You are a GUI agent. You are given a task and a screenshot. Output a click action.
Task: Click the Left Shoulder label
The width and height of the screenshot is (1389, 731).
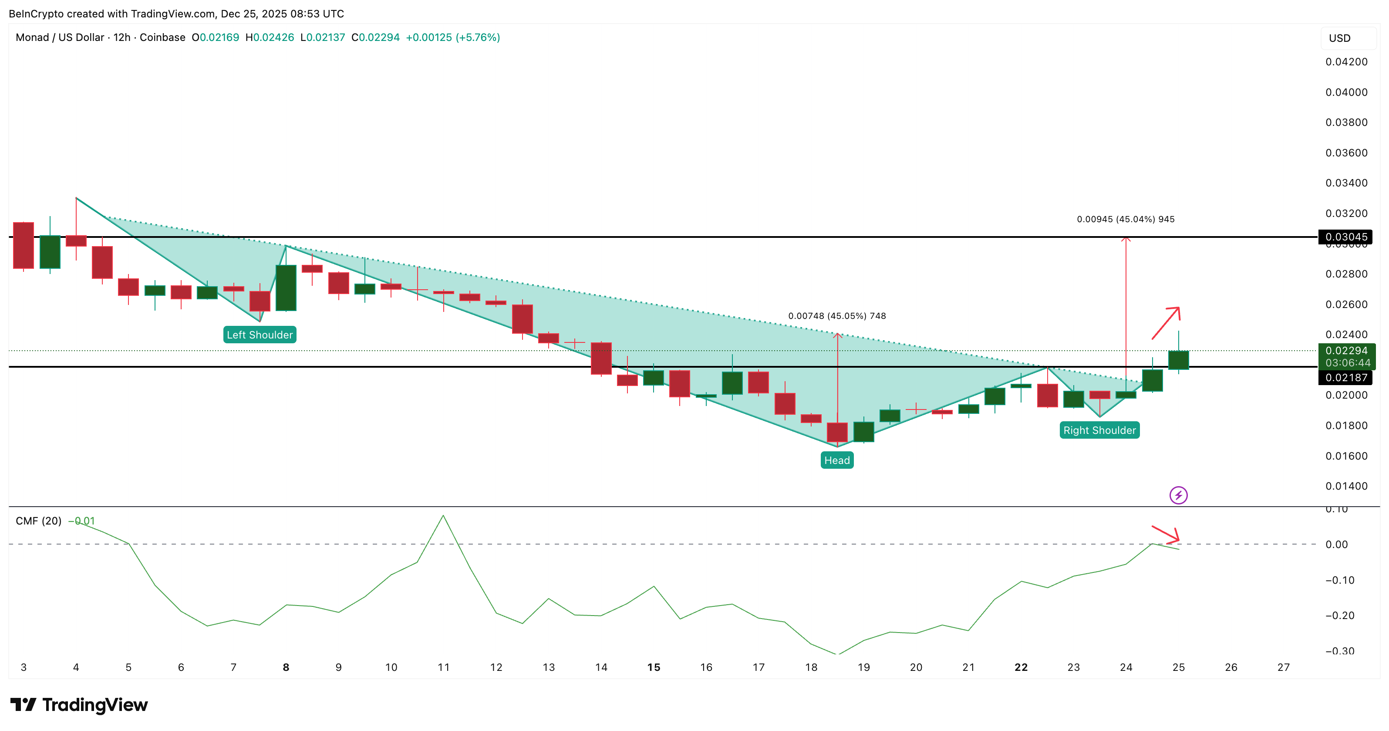260,335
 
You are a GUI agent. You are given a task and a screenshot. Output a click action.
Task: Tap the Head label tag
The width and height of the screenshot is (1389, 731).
837,460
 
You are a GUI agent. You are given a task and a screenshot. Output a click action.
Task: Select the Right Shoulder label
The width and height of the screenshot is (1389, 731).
1099,430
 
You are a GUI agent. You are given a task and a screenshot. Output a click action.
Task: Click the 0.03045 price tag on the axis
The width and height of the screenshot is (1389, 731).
1346,237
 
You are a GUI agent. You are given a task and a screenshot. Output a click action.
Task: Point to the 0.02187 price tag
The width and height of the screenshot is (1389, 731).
1346,378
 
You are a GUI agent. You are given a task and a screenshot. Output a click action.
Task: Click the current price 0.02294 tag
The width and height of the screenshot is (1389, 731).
1346,351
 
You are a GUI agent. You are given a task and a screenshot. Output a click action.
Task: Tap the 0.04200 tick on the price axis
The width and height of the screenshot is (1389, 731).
1346,62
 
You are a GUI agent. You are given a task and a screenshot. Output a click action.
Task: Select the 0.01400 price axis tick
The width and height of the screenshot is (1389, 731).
1346,486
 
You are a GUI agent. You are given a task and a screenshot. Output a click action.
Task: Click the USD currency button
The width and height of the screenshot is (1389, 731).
1339,38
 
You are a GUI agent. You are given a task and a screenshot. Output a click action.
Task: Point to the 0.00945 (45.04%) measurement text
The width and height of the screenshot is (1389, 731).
1125,219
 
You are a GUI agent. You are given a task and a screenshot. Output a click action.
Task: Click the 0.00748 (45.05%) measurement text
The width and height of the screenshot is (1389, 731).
837,315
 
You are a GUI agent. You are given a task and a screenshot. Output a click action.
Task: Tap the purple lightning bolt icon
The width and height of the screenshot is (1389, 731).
1178,495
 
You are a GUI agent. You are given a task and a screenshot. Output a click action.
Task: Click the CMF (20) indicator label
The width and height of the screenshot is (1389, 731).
38,521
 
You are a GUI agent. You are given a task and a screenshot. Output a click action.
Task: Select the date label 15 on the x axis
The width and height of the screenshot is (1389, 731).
654,667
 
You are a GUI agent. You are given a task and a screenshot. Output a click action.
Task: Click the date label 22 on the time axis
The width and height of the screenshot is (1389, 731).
1021,667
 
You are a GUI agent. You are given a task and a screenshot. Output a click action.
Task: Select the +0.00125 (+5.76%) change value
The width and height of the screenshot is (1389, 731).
452,37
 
